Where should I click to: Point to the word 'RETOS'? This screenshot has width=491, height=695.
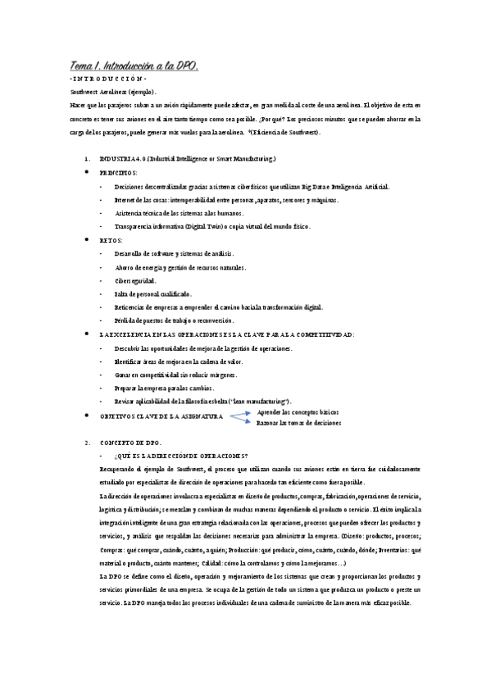(111, 240)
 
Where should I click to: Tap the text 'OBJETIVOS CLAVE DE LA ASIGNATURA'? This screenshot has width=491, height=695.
(161, 416)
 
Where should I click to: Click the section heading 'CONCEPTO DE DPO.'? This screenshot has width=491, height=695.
(135, 443)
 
